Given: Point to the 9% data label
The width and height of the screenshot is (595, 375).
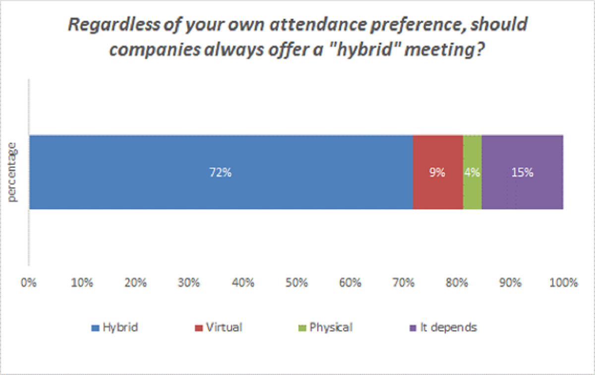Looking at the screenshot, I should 437,173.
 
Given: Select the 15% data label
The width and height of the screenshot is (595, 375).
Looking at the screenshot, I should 522,173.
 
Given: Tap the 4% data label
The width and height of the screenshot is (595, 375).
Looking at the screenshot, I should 472,173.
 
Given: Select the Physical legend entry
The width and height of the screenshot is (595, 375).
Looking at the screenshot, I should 331,327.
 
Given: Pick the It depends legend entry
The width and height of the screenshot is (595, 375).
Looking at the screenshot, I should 448,327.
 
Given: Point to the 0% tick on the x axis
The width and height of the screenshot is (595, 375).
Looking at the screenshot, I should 29,284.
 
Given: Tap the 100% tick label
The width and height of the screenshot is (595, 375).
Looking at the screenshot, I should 563,284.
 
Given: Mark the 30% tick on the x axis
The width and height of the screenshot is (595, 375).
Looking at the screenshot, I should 189,284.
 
